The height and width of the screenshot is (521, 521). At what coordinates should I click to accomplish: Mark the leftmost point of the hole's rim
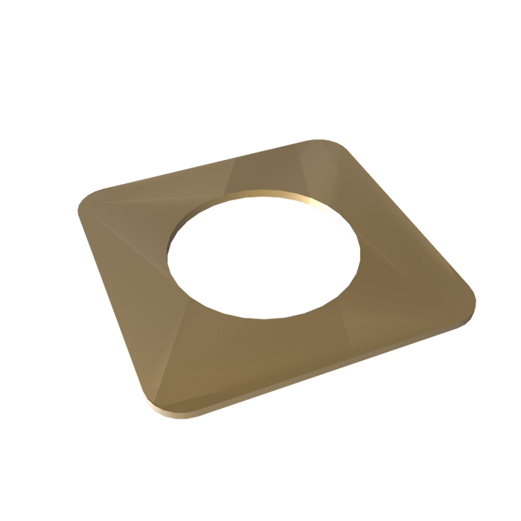169,257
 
